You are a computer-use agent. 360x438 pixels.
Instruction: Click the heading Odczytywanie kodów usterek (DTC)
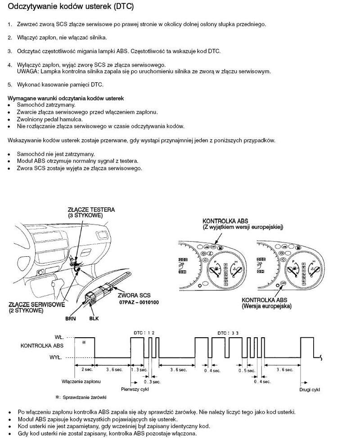[71, 7]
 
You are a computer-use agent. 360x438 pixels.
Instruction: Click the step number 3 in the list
[9, 51]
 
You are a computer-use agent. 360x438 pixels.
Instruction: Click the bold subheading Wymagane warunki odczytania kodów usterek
[66, 98]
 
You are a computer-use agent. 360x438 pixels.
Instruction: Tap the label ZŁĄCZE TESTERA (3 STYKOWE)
[91, 213]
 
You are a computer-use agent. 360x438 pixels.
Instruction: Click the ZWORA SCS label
[134, 295]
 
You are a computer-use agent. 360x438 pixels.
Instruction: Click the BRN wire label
[70, 318]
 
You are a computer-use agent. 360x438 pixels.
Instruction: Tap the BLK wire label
[94, 318]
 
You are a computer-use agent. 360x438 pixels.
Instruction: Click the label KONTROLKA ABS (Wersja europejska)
[266, 303]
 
